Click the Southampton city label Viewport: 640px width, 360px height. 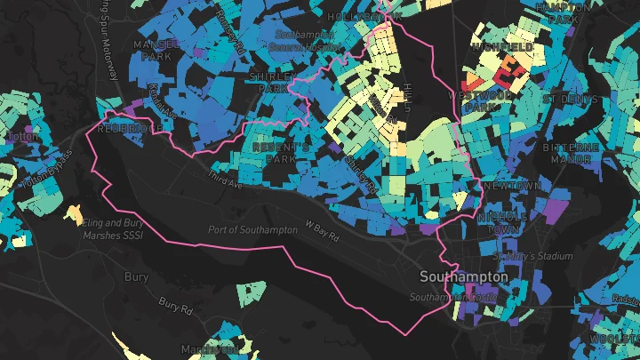464,277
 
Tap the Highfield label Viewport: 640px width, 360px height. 503,46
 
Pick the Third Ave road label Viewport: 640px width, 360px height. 224,179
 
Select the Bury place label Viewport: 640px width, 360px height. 136,277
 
